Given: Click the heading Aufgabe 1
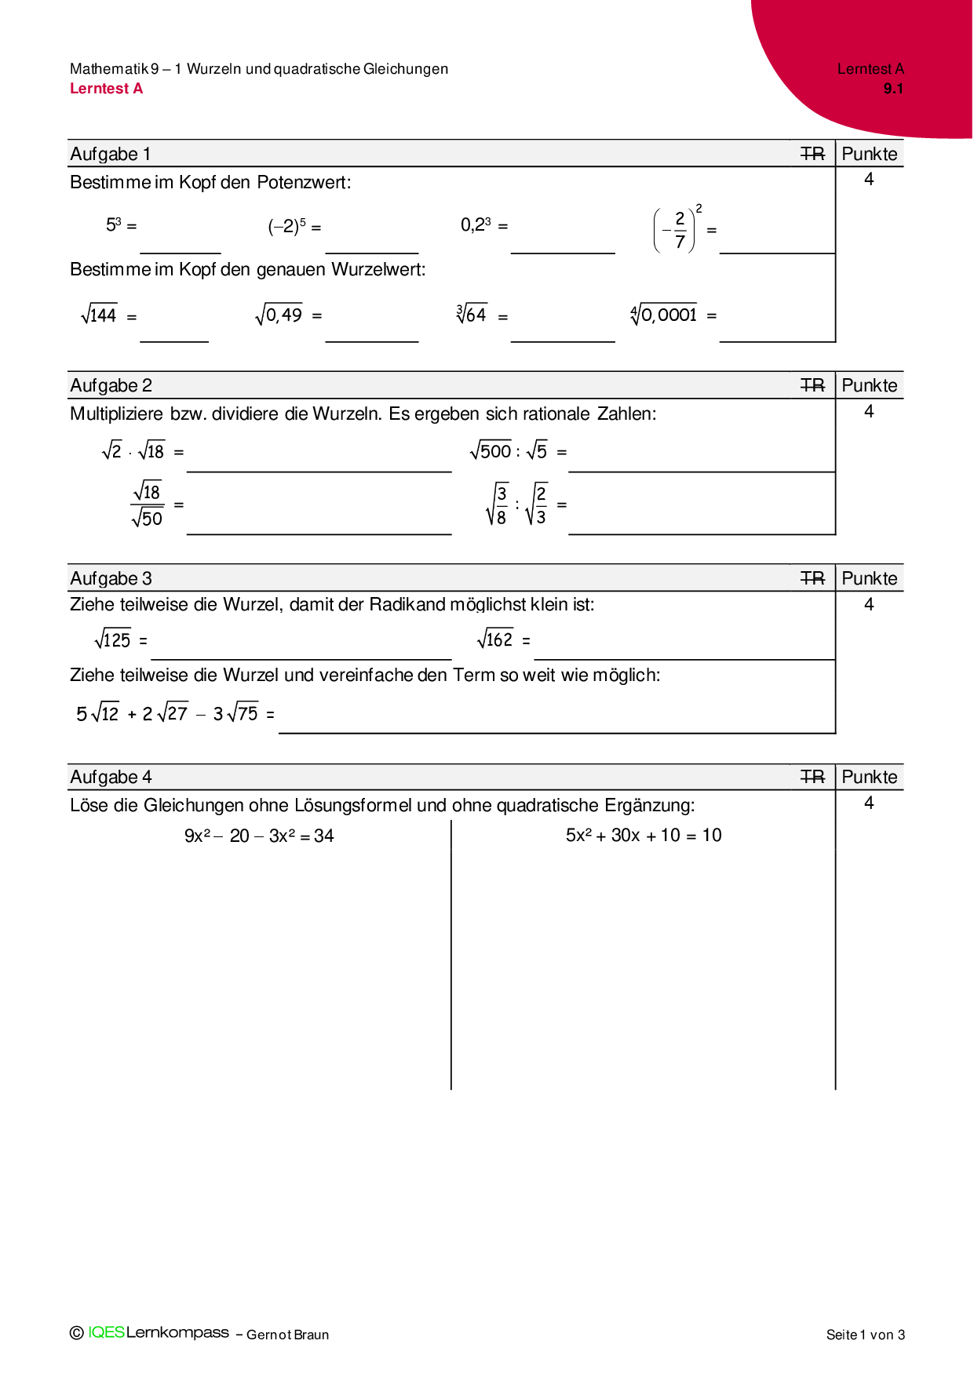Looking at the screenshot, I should click(110, 154).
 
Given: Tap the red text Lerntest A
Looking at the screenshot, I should click(106, 89).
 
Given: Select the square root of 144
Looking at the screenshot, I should click(99, 315).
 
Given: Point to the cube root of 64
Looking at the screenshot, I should click(472, 314).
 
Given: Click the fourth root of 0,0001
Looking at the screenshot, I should click(664, 314).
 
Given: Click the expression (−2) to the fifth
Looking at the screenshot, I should click(286, 226).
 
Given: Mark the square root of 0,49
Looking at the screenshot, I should click(279, 315).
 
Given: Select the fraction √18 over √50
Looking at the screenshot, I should click(148, 505).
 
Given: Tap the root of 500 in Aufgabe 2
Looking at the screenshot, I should click(491, 450).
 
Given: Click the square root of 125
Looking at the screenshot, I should click(112, 639).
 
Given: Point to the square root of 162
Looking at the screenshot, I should click(495, 639).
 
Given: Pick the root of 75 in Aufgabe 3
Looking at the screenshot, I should click(243, 712).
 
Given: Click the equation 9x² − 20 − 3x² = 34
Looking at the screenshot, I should click(259, 836).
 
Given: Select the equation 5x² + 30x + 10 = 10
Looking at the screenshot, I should click(644, 835).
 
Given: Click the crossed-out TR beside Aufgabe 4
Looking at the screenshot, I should click(812, 777).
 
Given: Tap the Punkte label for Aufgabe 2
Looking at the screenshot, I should click(869, 385).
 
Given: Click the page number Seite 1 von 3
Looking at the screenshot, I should click(865, 1335).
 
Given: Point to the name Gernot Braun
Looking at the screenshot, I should click(287, 1335).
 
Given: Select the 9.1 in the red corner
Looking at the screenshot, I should click(893, 89).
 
